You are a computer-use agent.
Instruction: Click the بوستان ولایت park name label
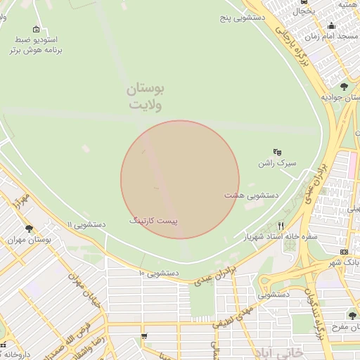point(146,97)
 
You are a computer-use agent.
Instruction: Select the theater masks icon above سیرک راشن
point(278,151)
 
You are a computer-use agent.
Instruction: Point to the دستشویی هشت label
point(251,194)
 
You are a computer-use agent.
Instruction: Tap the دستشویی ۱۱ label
point(86,224)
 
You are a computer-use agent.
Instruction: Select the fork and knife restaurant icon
point(281,226)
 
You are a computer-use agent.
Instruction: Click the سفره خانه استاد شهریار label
point(281,237)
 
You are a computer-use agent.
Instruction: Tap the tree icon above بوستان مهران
point(29,229)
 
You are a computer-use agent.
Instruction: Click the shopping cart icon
point(144,337)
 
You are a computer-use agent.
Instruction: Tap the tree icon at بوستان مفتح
point(352,316)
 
